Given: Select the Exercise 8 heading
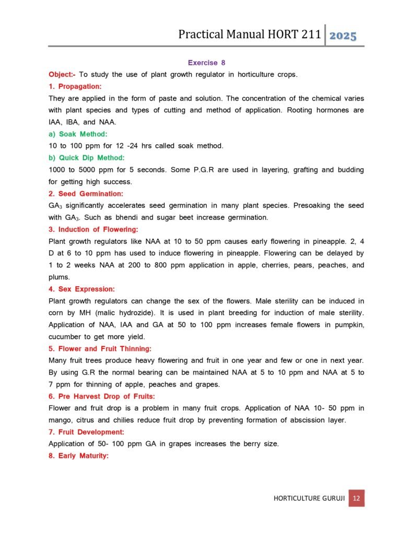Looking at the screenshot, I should coord(206,63).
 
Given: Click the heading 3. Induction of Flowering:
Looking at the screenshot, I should coord(93,229).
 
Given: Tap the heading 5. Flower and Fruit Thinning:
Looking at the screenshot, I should coord(100,348).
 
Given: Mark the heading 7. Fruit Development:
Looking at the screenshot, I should coord(87,432).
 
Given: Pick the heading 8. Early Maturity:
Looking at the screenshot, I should coord(78,456).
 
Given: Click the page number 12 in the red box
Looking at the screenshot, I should coord(356,498).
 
